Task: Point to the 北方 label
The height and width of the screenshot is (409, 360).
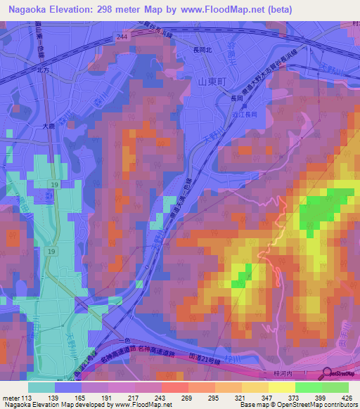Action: point(44,70)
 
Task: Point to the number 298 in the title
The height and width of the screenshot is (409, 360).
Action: point(115,10)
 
